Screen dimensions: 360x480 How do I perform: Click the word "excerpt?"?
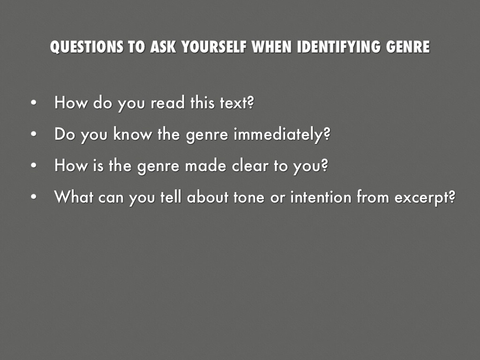425,198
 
